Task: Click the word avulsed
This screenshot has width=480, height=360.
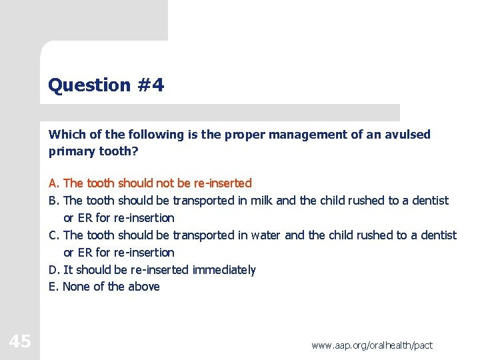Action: (408, 134)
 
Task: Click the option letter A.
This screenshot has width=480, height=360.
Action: (53, 183)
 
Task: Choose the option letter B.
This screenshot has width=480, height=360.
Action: (53, 201)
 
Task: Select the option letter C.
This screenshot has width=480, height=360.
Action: (53, 235)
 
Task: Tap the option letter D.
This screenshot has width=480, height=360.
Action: (53, 270)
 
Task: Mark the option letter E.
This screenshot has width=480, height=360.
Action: (53, 287)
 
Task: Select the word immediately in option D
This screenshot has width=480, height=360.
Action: (224, 270)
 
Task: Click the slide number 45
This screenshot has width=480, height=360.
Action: (20, 342)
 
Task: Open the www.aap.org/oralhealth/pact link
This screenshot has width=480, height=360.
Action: (372, 345)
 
